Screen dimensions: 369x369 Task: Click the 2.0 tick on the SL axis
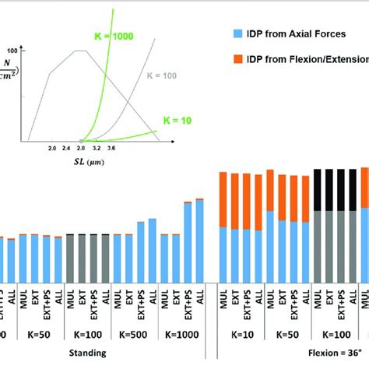coord(52,146)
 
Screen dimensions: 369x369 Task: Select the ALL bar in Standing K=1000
coord(199,241)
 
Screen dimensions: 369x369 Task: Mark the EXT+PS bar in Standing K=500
coord(140,252)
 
